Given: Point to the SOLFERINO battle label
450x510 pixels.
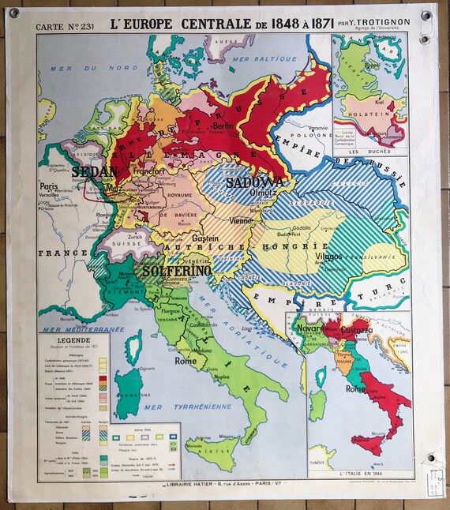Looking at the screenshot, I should [177, 270].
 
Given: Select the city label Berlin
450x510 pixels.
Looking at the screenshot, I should [222, 126].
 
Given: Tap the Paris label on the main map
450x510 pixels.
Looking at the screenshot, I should [50, 187].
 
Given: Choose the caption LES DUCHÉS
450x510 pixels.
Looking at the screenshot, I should [370, 151].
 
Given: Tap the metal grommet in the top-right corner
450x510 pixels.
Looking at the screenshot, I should [426, 14].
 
